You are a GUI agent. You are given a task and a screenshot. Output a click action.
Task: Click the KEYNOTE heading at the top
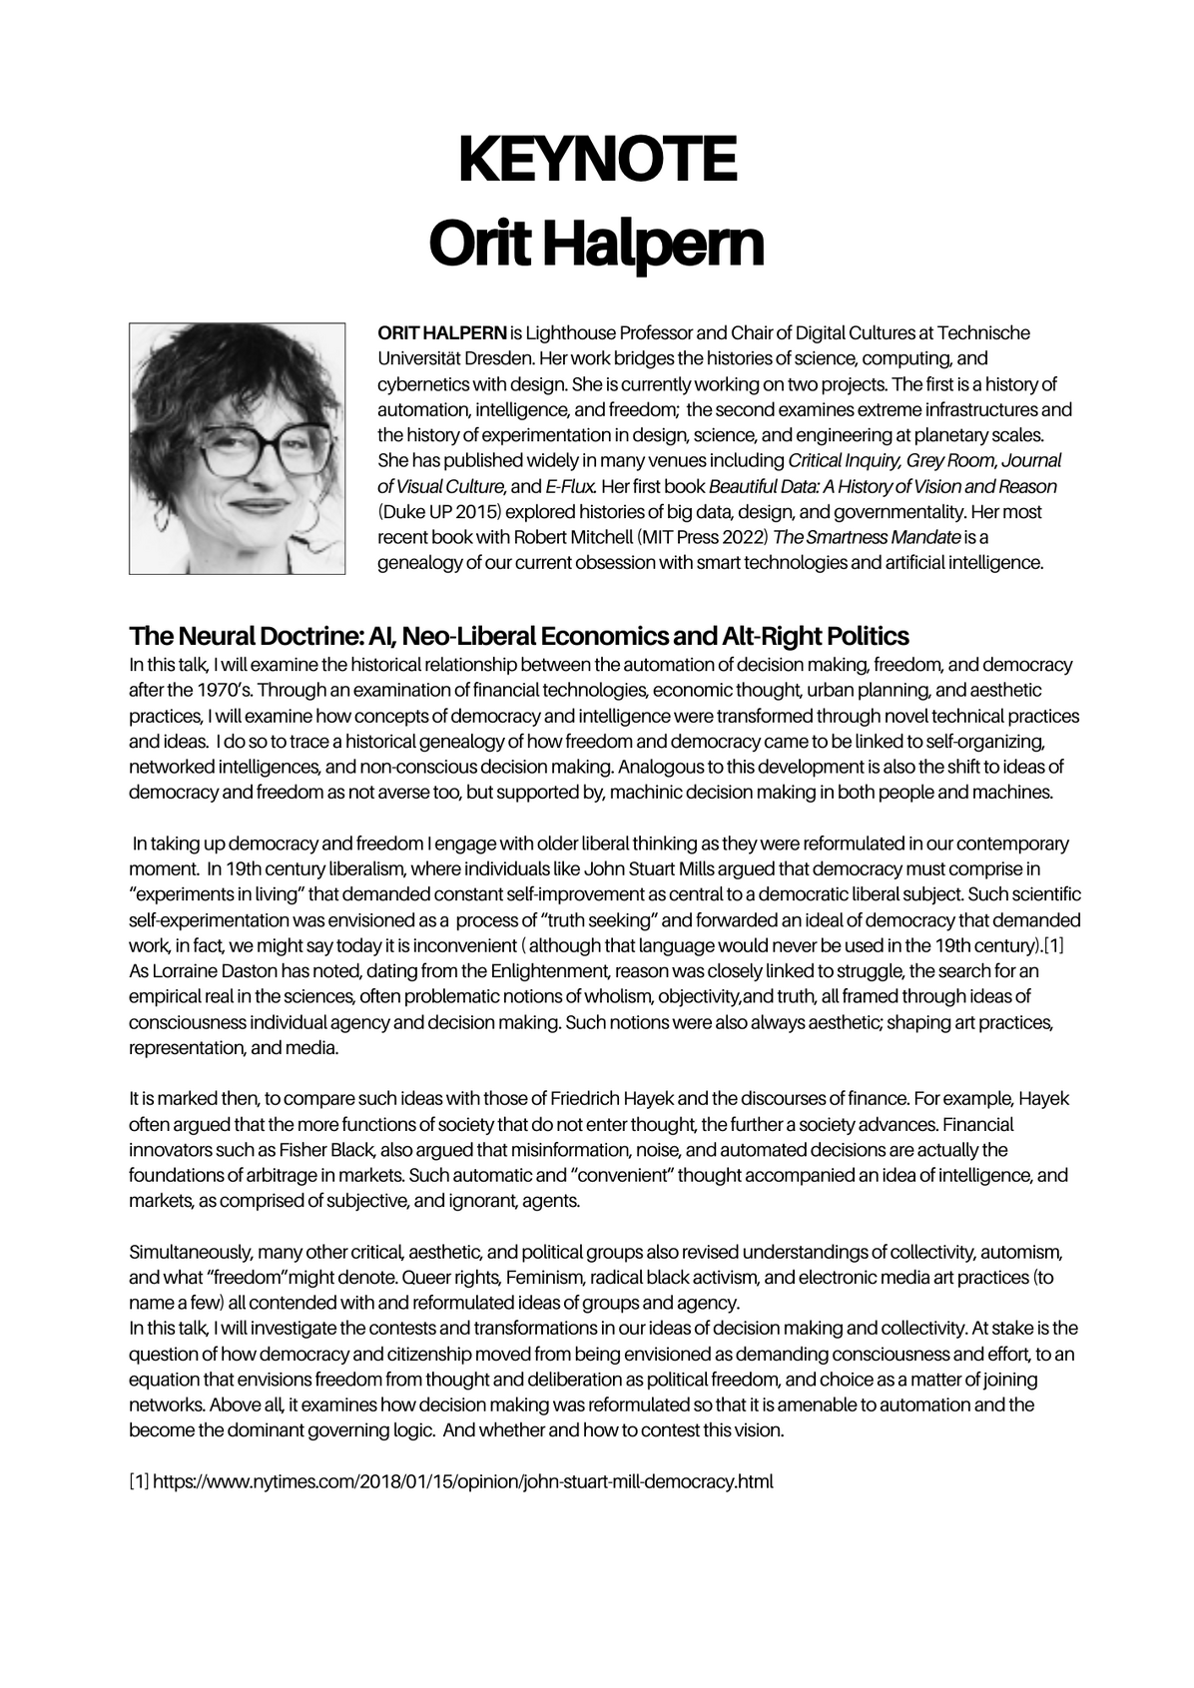pos(597,160)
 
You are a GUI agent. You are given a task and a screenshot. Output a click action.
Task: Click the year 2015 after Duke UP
pos(466,512)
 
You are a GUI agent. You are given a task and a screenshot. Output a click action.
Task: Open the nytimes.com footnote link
pos(463,1481)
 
